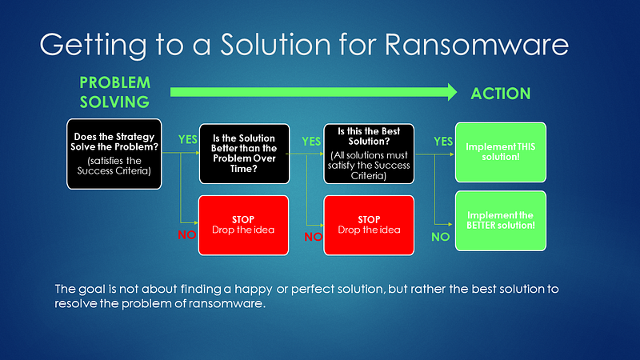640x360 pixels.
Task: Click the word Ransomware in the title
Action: [x=476, y=44]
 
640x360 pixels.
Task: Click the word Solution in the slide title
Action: [x=275, y=44]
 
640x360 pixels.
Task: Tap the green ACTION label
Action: [x=501, y=94]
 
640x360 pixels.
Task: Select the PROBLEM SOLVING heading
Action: [x=114, y=92]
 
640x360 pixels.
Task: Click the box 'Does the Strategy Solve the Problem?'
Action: [x=114, y=154]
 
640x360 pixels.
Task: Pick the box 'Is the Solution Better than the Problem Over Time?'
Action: [x=244, y=154]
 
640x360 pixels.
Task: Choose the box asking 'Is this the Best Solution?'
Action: [x=369, y=154]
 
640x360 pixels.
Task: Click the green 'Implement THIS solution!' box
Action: [x=501, y=152]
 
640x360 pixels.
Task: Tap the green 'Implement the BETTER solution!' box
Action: [x=501, y=221]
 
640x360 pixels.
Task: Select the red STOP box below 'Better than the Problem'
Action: [x=243, y=226]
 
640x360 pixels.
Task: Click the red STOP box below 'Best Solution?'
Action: [x=369, y=226]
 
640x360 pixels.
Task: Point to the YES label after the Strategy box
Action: [x=188, y=139]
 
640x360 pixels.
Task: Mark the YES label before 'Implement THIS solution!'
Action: [x=443, y=142]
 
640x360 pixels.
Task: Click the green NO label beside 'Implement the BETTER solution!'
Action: [x=441, y=237]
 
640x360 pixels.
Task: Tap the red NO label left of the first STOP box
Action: [x=187, y=234]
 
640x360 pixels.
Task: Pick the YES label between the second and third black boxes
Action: [x=311, y=142]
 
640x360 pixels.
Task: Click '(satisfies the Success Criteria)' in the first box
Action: [x=114, y=166]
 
